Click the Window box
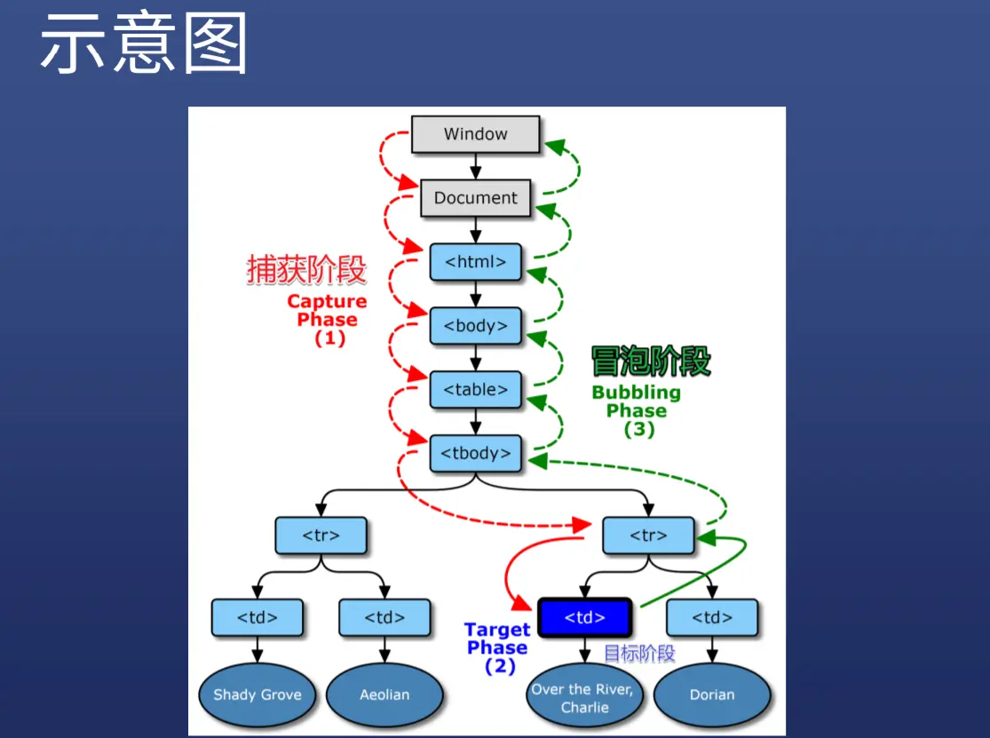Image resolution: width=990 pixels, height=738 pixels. pyautogui.click(x=475, y=135)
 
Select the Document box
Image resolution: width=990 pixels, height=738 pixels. pyautogui.click(x=475, y=198)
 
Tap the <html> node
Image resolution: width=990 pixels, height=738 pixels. pyautogui.click(x=475, y=262)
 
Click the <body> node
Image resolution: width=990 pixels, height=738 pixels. pyautogui.click(x=475, y=326)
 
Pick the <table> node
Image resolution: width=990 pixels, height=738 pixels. pyautogui.click(x=475, y=390)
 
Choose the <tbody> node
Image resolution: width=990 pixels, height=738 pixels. pyautogui.click(x=475, y=454)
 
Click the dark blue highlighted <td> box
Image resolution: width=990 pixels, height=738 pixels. pyautogui.click(x=584, y=617)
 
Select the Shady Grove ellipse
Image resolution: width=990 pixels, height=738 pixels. pyautogui.click(x=257, y=694)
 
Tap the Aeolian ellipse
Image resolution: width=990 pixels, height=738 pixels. pyautogui.click(x=384, y=694)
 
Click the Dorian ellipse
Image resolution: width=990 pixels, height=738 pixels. pyautogui.click(x=712, y=694)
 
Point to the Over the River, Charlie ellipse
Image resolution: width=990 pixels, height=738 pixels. pyautogui.click(x=584, y=698)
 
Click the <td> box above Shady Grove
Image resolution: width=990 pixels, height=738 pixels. pyautogui.click(x=257, y=617)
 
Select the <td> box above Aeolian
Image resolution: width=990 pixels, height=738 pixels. pyautogui.click(x=384, y=617)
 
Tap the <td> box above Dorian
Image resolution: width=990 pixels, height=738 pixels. pyautogui.click(x=712, y=617)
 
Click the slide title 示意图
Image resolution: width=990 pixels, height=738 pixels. pyautogui.click(x=143, y=44)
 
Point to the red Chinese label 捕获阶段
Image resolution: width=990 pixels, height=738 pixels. pyautogui.click(x=306, y=271)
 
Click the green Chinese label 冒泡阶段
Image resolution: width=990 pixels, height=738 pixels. pyautogui.click(x=651, y=361)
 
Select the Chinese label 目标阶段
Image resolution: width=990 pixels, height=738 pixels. pyautogui.click(x=639, y=654)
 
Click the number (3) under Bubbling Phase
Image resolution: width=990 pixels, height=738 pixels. pyautogui.click(x=638, y=430)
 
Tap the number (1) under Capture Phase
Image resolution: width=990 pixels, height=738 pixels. pyautogui.click(x=329, y=338)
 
